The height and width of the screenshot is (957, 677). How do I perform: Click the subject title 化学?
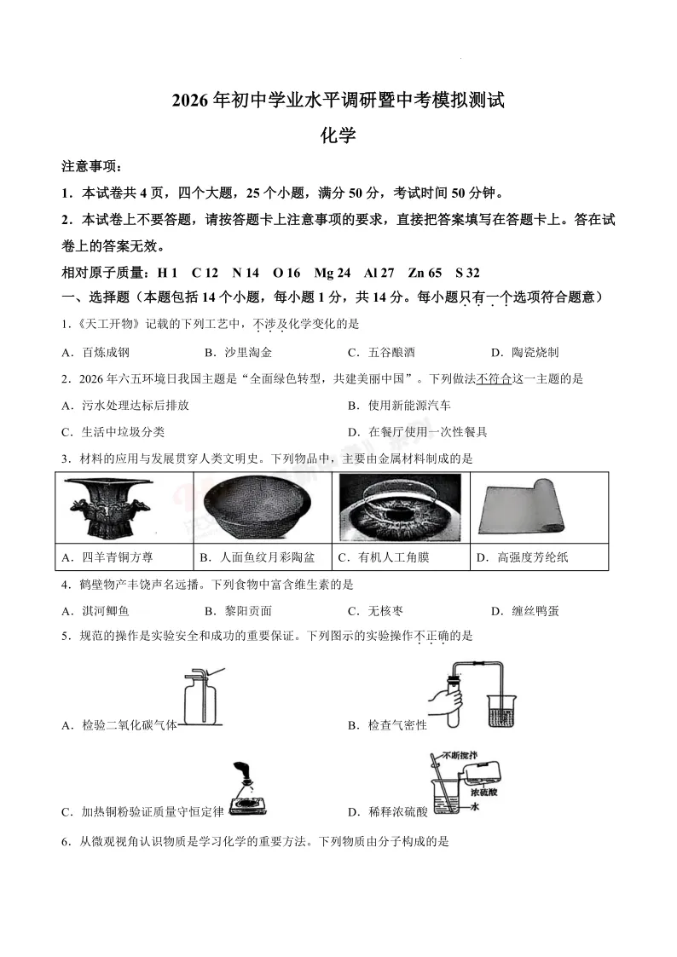[x=338, y=135]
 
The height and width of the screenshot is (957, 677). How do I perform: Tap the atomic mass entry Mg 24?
[x=332, y=273]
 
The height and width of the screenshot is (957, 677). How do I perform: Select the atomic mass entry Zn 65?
[x=425, y=273]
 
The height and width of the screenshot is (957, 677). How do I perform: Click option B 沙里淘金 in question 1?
[x=238, y=352]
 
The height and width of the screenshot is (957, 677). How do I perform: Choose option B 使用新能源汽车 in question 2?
[x=399, y=406]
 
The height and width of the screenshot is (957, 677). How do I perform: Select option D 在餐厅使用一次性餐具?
[x=418, y=432]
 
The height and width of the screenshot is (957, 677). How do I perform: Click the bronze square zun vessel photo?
[x=109, y=508]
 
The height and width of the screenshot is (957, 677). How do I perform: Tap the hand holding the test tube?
[x=443, y=700]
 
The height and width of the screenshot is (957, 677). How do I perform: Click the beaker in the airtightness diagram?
[x=502, y=711]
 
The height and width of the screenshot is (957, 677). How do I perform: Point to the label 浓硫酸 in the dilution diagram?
[x=483, y=793]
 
